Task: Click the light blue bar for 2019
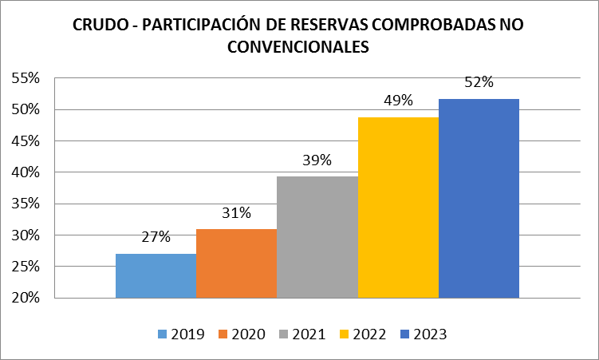156,275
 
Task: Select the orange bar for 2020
236,263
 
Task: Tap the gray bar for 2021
317,237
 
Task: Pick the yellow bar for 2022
398,208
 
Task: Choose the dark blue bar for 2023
479,198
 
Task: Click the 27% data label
156,237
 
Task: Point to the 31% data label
237,212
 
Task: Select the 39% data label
317,160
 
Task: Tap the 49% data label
398,101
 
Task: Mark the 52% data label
479,82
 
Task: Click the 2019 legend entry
181,334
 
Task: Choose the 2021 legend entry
303,334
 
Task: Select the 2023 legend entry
425,334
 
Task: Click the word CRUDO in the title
98,26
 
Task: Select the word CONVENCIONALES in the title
299,47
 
